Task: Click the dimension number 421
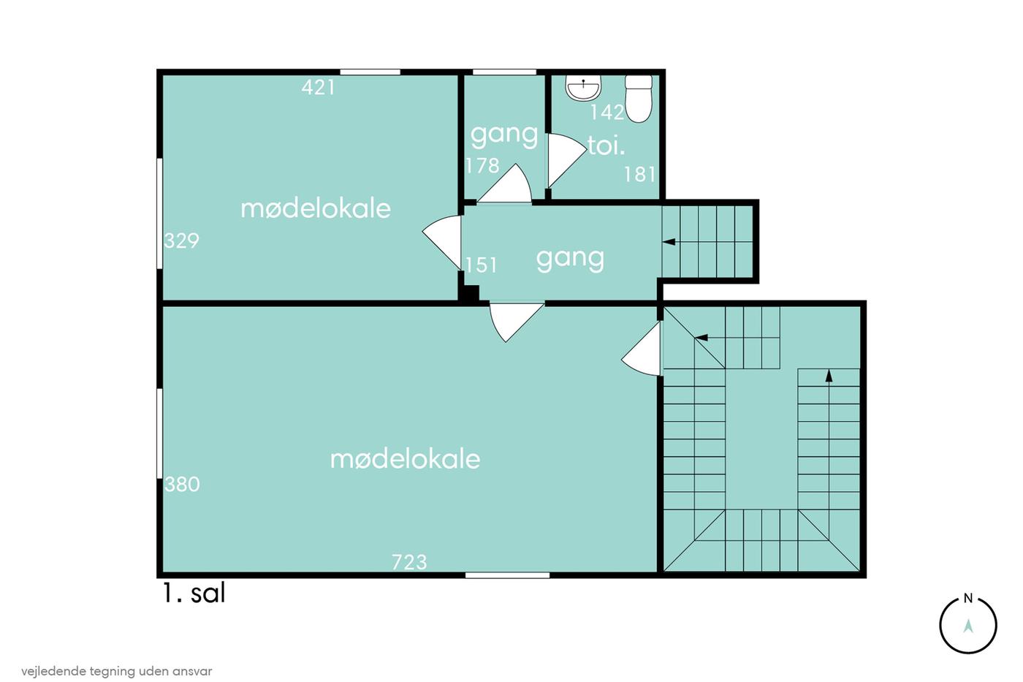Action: pos(319,87)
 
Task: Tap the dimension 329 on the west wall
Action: pos(181,240)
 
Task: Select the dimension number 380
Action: pos(182,484)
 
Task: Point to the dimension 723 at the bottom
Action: pos(409,562)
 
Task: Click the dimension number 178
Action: pos(482,165)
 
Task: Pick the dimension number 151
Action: pos(481,265)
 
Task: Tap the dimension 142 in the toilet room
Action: pos(607,113)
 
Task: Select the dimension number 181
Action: pos(640,175)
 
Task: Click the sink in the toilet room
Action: pos(583,88)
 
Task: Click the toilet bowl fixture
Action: pos(639,99)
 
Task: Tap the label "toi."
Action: pos(606,145)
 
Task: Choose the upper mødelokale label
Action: pos(316,209)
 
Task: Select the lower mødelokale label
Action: pos(405,459)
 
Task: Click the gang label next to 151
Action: pos(570,259)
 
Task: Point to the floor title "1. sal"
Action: pos(194,594)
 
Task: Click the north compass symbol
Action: pos(967,624)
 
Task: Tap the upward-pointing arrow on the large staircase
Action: pos(829,376)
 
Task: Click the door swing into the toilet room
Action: pos(566,159)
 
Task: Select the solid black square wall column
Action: pos(468,293)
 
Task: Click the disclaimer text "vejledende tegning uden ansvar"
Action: pos(116,672)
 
